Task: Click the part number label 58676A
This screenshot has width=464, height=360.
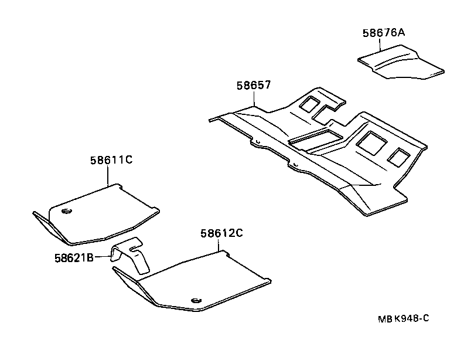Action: click(x=383, y=33)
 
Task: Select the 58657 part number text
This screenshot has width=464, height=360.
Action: click(x=253, y=85)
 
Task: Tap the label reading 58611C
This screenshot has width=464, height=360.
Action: click(x=111, y=159)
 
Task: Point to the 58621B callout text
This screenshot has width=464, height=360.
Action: click(x=74, y=257)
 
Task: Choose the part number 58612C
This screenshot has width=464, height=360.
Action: click(x=221, y=233)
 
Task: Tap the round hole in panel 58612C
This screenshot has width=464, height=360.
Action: click(x=196, y=301)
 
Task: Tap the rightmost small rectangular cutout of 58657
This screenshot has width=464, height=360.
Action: click(x=400, y=156)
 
